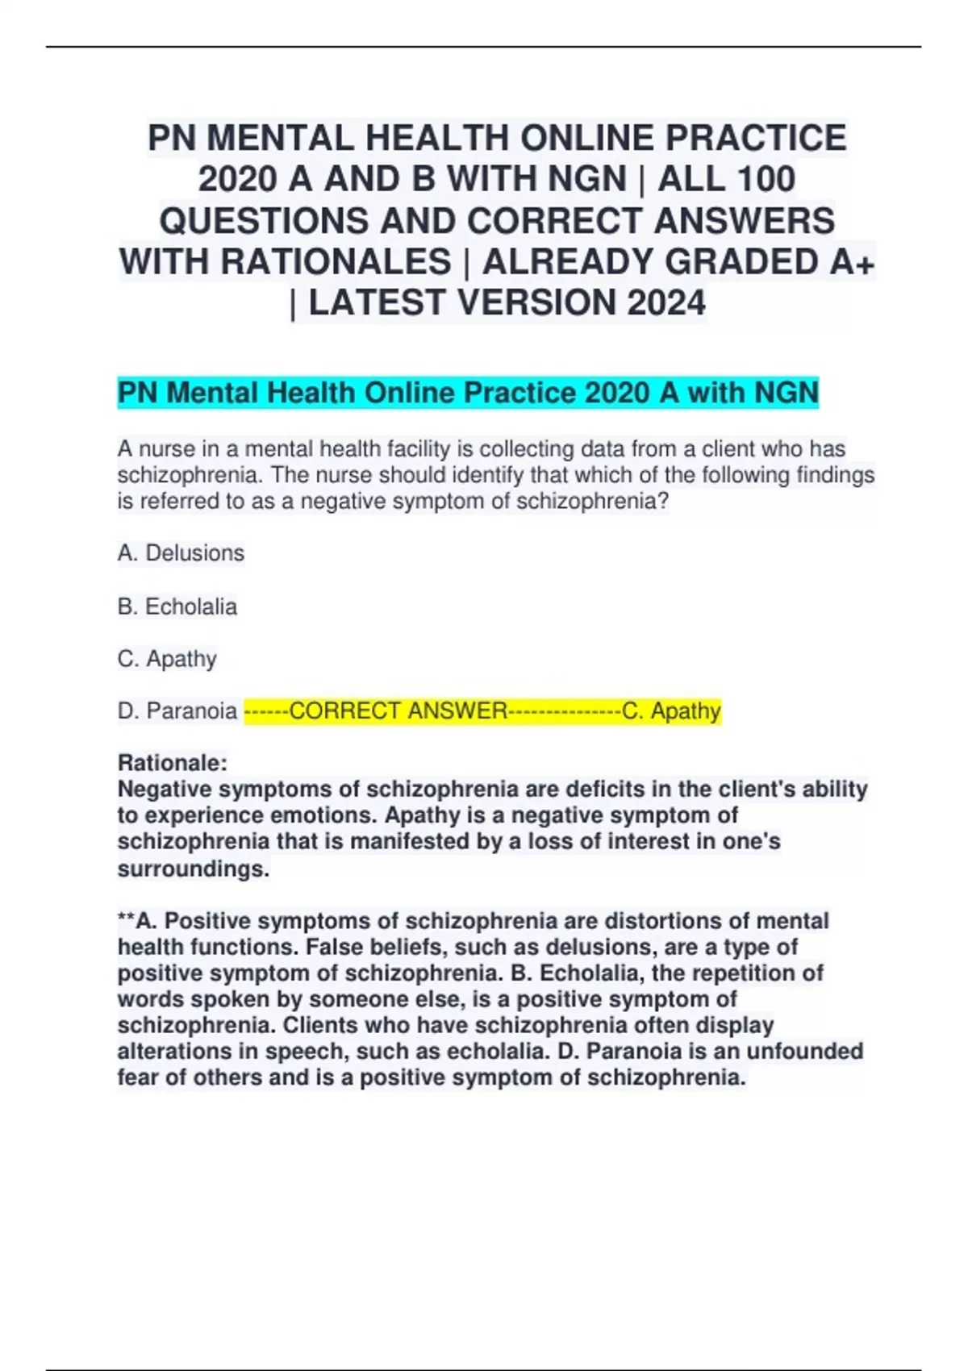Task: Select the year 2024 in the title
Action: click(666, 303)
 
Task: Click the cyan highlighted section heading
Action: click(468, 394)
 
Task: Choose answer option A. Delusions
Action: click(181, 553)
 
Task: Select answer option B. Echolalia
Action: click(177, 606)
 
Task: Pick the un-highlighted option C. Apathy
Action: click(167, 659)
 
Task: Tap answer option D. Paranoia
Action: click(177, 711)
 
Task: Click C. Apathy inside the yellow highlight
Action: click(671, 711)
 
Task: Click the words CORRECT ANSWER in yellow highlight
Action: click(398, 711)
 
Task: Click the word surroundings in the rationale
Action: click(193, 869)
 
